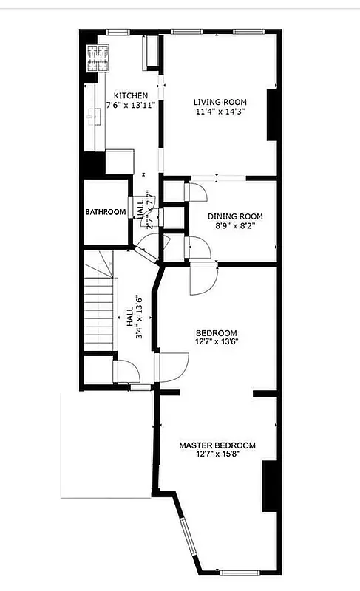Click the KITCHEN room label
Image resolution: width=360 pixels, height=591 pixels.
click(130, 96)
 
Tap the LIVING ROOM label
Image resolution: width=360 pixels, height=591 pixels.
click(220, 102)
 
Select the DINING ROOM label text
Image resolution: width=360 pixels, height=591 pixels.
click(234, 216)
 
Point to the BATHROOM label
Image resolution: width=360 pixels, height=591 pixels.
click(105, 212)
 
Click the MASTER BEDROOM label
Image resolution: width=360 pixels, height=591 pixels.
click(217, 445)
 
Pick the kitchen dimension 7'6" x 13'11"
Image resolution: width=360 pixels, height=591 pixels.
click(130, 106)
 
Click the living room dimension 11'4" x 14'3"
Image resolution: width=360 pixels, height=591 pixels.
click(220, 112)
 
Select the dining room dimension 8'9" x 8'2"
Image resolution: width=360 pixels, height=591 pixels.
click(234, 226)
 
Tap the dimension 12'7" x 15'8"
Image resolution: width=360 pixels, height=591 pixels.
click(217, 455)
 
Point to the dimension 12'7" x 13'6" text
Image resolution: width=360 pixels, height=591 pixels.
click(216, 341)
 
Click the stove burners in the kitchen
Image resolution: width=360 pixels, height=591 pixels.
click(97, 57)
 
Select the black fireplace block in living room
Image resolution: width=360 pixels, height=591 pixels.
click(271, 115)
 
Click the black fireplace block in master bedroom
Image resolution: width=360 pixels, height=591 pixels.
click(270, 485)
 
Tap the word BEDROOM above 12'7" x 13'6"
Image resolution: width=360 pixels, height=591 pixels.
click(216, 332)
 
